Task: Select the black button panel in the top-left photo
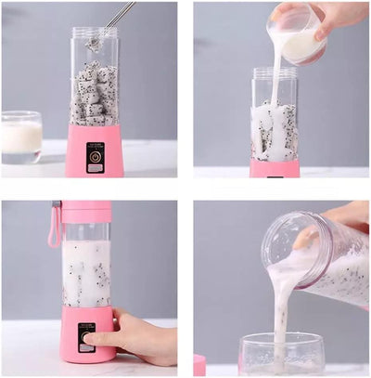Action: click(96, 158)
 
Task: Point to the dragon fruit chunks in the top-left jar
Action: click(95, 96)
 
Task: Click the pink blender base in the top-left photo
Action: click(95, 153)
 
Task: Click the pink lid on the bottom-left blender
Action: click(86, 212)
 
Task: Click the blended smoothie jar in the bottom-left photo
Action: click(86, 272)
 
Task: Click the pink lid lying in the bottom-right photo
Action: click(199, 364)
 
